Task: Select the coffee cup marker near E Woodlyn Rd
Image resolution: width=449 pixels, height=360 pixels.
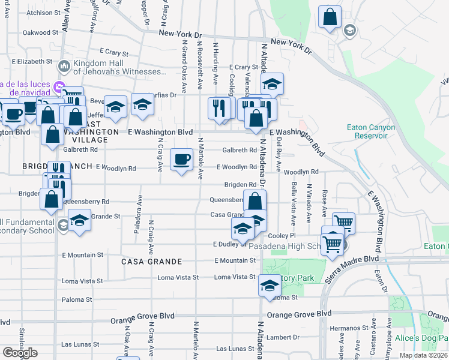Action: pyautogui.click(x=182, y=160)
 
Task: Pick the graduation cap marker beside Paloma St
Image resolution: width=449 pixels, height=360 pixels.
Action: pyautogui.click(x=270, y=286)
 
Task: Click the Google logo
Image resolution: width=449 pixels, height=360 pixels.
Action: pyautogui.click(x=20, y=353)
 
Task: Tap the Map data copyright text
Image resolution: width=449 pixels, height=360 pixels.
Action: pyautogui.click(x=424, y=355)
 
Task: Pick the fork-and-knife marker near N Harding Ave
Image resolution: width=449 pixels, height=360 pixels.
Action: pyautogui.click(x=219, y=109)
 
